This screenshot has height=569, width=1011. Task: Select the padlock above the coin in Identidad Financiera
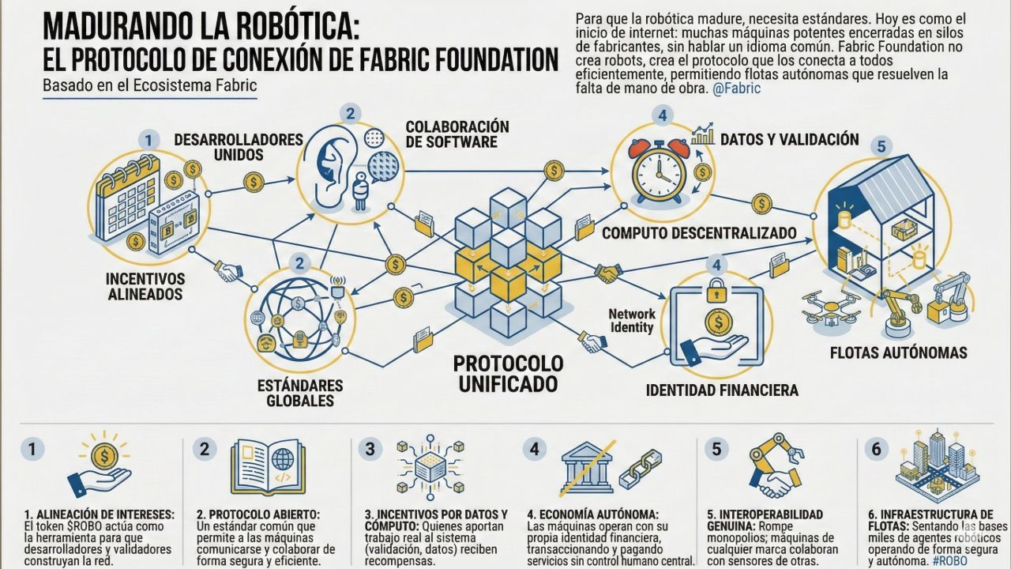[x=716, y=290]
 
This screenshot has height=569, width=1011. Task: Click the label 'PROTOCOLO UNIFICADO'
[x=509, y=373]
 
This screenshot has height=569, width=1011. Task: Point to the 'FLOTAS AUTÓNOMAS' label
[x=898, y=352]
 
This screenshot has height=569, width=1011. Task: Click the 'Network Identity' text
[x=632, y=320]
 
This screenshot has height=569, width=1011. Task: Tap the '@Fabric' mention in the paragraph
[x=736, y=89]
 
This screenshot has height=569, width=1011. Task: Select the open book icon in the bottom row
[x=268, y=467]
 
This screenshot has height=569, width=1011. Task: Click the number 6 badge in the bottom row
[x=874, y=449]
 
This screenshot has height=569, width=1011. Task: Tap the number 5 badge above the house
[x=881, y=146]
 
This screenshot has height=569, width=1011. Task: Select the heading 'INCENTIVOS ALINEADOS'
[x=145, y=287]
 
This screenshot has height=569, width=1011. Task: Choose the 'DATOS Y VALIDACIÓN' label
[x=789, y=140]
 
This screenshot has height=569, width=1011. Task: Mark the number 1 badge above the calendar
[x=147, y=140]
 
